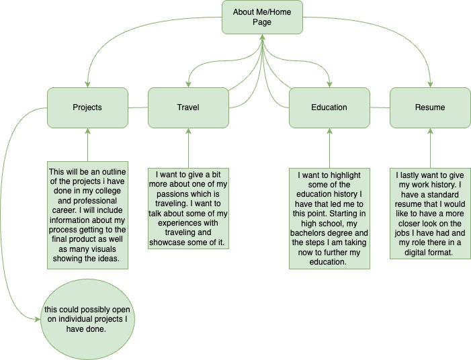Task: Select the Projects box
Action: point(87,107)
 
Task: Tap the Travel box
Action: point(188,107)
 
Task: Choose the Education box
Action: point(329,107)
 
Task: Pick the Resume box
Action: point(430,107)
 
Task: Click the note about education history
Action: point(329,218)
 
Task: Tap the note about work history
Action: point(430,213)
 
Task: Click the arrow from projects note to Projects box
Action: point(88,144)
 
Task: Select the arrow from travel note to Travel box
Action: point(188,148)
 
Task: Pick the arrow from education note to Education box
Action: point(329,148)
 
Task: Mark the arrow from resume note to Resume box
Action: point(430,148)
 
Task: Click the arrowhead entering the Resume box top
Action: point(430,85)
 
